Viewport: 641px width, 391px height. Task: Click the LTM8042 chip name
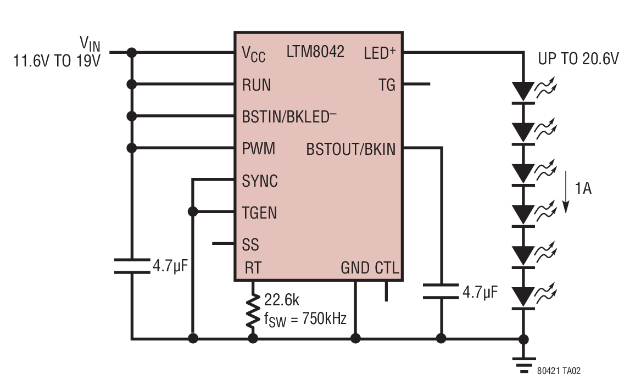315,52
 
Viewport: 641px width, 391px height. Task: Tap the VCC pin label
253,54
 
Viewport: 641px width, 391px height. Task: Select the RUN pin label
257,85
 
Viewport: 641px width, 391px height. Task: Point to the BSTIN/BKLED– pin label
289,116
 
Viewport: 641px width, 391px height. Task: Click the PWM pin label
258,149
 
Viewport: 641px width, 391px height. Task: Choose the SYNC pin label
260,181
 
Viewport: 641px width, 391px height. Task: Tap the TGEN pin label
259,213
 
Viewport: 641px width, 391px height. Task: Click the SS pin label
250,244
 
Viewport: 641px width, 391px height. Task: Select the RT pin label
253,268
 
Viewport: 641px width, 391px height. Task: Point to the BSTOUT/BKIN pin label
351,149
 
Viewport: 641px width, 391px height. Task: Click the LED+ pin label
380,52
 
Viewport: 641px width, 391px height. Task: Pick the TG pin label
387,85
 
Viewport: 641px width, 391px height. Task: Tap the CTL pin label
387,268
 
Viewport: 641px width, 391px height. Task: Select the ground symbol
523,365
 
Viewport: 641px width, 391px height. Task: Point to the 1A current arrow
566,192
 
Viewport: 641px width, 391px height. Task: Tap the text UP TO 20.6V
578,59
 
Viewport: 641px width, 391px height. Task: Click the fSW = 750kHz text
305,319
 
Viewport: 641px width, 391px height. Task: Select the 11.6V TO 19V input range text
57,61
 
